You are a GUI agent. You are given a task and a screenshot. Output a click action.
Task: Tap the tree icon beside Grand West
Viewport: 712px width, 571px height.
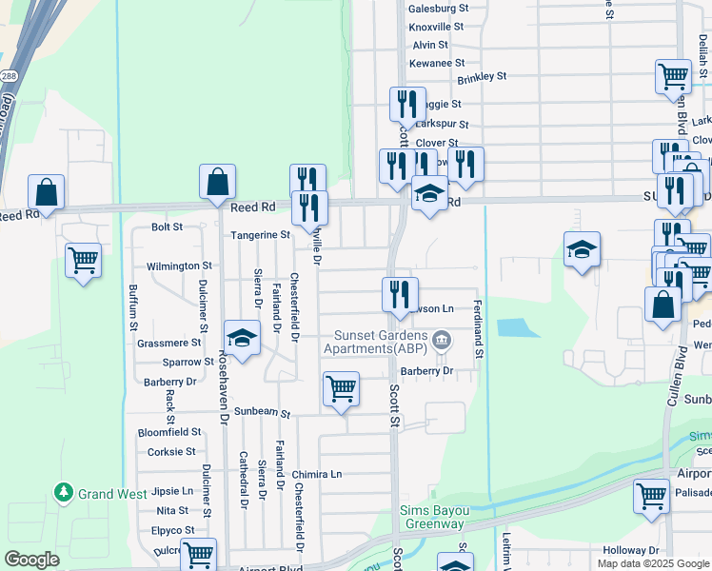pyautogui.click(x=64, y=493)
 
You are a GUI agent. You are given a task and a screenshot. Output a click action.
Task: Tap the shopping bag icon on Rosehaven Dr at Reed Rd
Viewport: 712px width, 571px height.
pyautogui.click(x=217, y=181)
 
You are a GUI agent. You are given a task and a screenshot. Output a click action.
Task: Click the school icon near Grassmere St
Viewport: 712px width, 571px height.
pyautogui.click(x=243, y=338)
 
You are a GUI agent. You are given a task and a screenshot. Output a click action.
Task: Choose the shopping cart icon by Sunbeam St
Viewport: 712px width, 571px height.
pyautogui.click(x=341, y=389)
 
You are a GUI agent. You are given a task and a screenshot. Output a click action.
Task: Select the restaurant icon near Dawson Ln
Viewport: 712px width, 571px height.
pyautogui.click(x=401, y=294)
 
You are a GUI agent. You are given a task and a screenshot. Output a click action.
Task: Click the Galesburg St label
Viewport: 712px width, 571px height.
pyautogui.click(x=439, y=8)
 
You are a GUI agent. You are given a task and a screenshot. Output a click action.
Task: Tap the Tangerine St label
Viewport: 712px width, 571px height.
pyautogui.click(x=259, y=234)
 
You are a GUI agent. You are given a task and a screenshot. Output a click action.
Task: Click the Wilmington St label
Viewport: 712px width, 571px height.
pyautogui.click(x=179, y=266)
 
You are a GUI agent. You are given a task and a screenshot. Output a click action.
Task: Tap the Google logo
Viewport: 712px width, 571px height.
pyautogui.click(x=31, y=560)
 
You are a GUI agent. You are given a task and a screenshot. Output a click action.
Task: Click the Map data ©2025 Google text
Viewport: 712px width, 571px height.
pyautogui.click(x=652, y=563)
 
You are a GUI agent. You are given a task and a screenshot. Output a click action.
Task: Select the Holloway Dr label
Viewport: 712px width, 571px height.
pyautogui.click(x=631, y=550)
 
